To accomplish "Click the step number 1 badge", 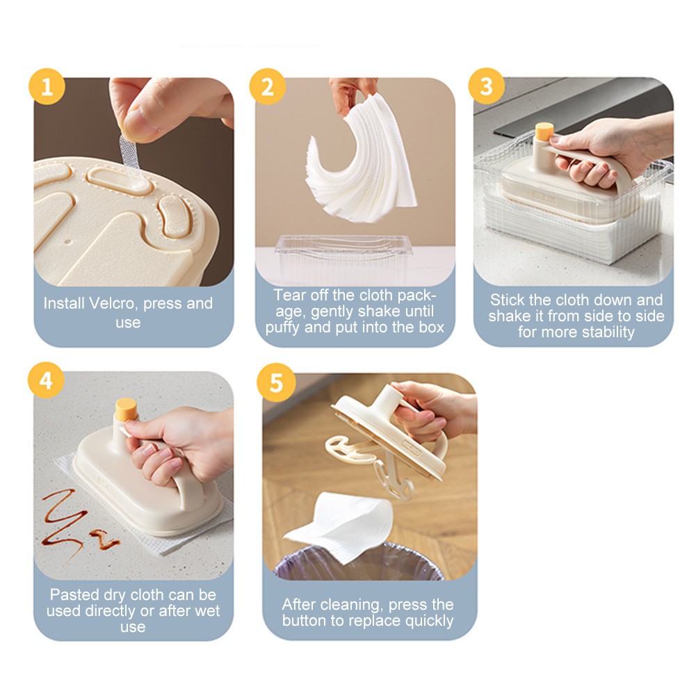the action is pos(47,86).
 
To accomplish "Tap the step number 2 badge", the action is pos(267,86).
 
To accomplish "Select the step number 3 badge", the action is pos(487,86).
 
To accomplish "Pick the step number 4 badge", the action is pos(46,380).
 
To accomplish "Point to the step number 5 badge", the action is pos(276,382).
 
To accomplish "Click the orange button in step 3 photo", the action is pos(544,131).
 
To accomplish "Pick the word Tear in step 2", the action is pos(289,296).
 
